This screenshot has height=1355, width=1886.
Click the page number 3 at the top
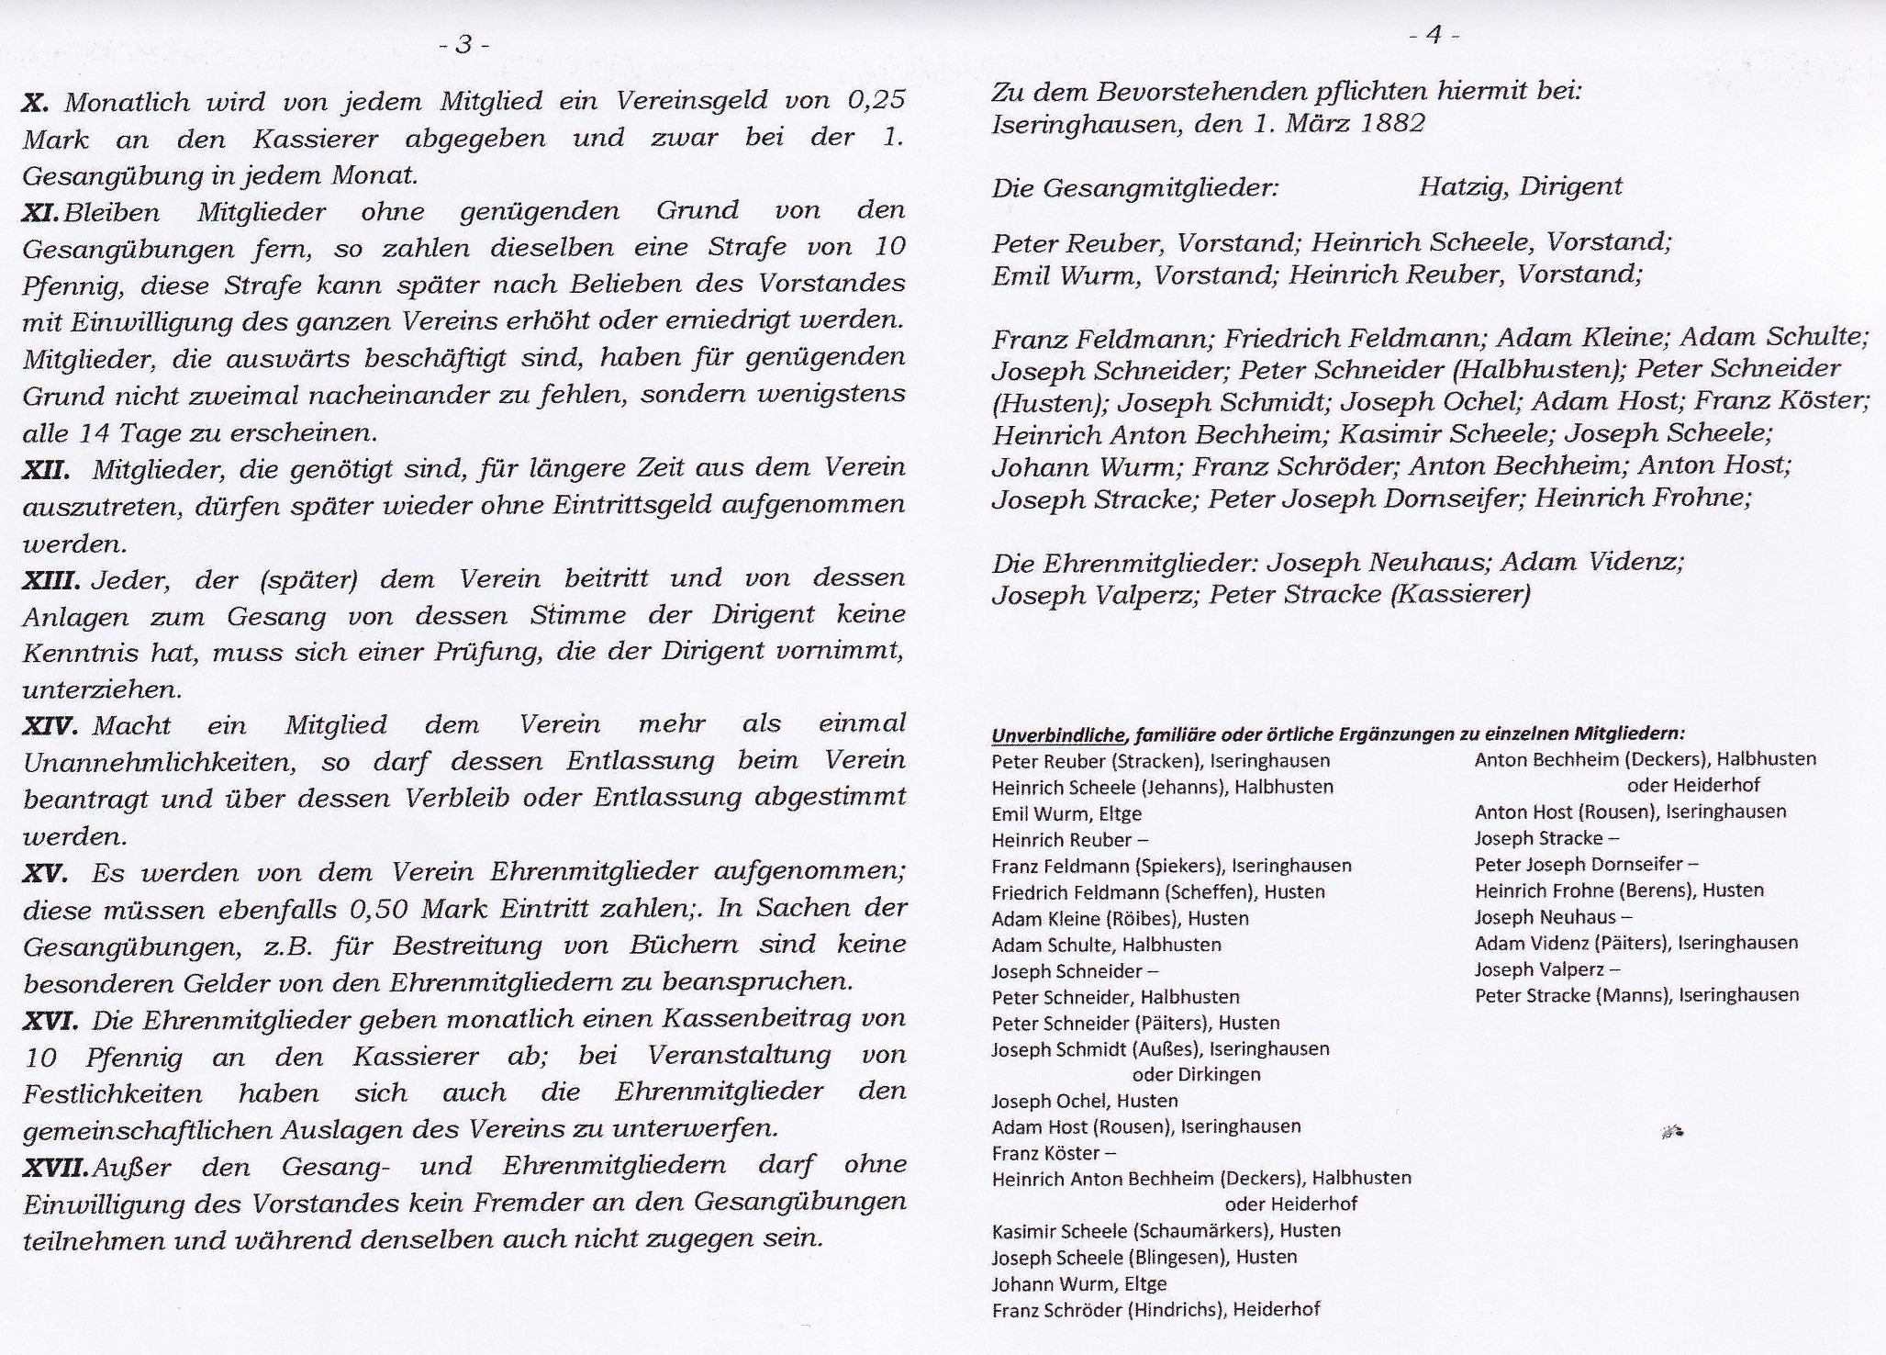tap(465, 44)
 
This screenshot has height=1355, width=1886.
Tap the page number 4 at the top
tap(1434, 35)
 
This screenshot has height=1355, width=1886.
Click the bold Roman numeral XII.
tap(46, 469)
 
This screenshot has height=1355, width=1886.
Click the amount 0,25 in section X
tap(876, 101)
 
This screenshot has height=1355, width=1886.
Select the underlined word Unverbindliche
tap(1057, 734)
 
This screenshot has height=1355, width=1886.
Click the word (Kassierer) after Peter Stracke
tap(1460, 595)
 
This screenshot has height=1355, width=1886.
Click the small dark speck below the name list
tap(1672, 1133)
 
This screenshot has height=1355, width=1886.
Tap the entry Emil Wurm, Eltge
tap(1066, 813)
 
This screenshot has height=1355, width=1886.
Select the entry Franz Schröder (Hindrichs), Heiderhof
tap(1155, 1310)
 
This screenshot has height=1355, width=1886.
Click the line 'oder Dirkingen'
tap(1196, 1074)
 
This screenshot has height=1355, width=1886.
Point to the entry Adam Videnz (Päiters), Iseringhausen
tap(1635, 943)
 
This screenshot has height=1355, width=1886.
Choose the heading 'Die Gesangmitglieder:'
tap(1134, 189)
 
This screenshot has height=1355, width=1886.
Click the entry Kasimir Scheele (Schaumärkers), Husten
tap(1166, 1230)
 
